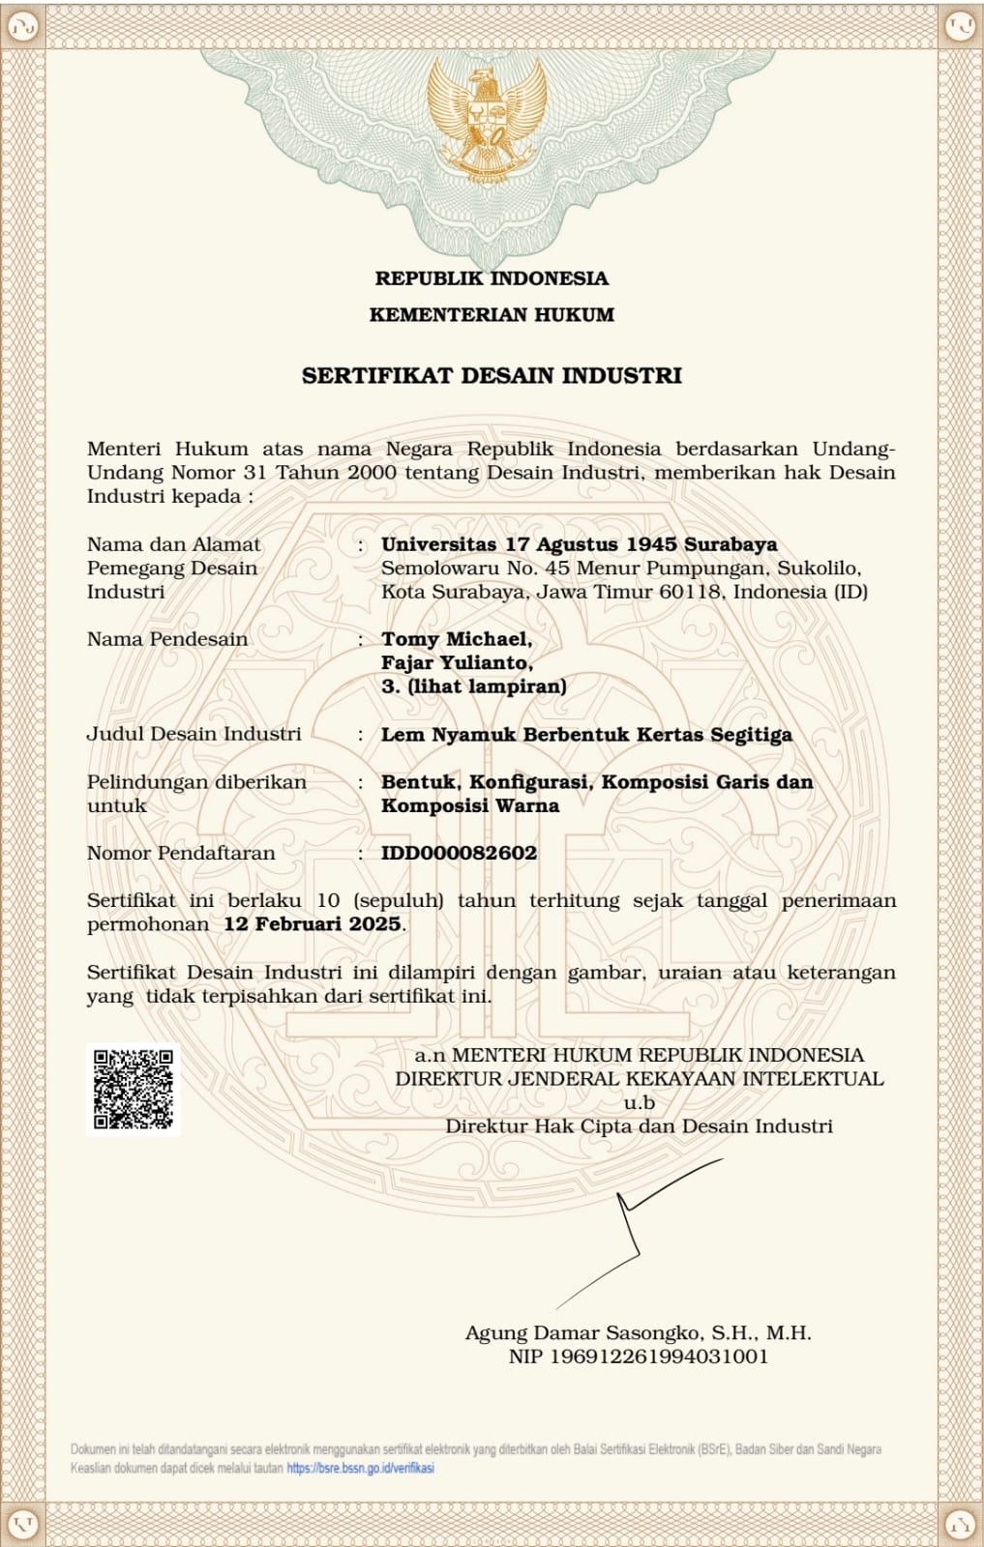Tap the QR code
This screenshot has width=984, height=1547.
134,1089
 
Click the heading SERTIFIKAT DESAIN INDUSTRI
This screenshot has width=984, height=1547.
492,375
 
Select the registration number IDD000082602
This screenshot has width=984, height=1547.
459,853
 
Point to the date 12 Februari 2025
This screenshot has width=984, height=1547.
312,923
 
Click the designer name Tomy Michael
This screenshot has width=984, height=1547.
456,639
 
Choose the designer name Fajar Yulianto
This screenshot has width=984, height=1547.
457,663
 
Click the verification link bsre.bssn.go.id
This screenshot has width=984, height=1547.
360,1468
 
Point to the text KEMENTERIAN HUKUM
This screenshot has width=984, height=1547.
492,314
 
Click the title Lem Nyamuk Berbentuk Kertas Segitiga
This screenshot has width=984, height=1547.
586,734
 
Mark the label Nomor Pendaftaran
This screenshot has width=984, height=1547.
181,853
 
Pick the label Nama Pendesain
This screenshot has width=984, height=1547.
167,639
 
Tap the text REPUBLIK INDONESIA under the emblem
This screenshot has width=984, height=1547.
492,278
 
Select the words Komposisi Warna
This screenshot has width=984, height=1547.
469,805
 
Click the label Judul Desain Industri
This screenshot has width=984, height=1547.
194,734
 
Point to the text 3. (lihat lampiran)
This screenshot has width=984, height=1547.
473,686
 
